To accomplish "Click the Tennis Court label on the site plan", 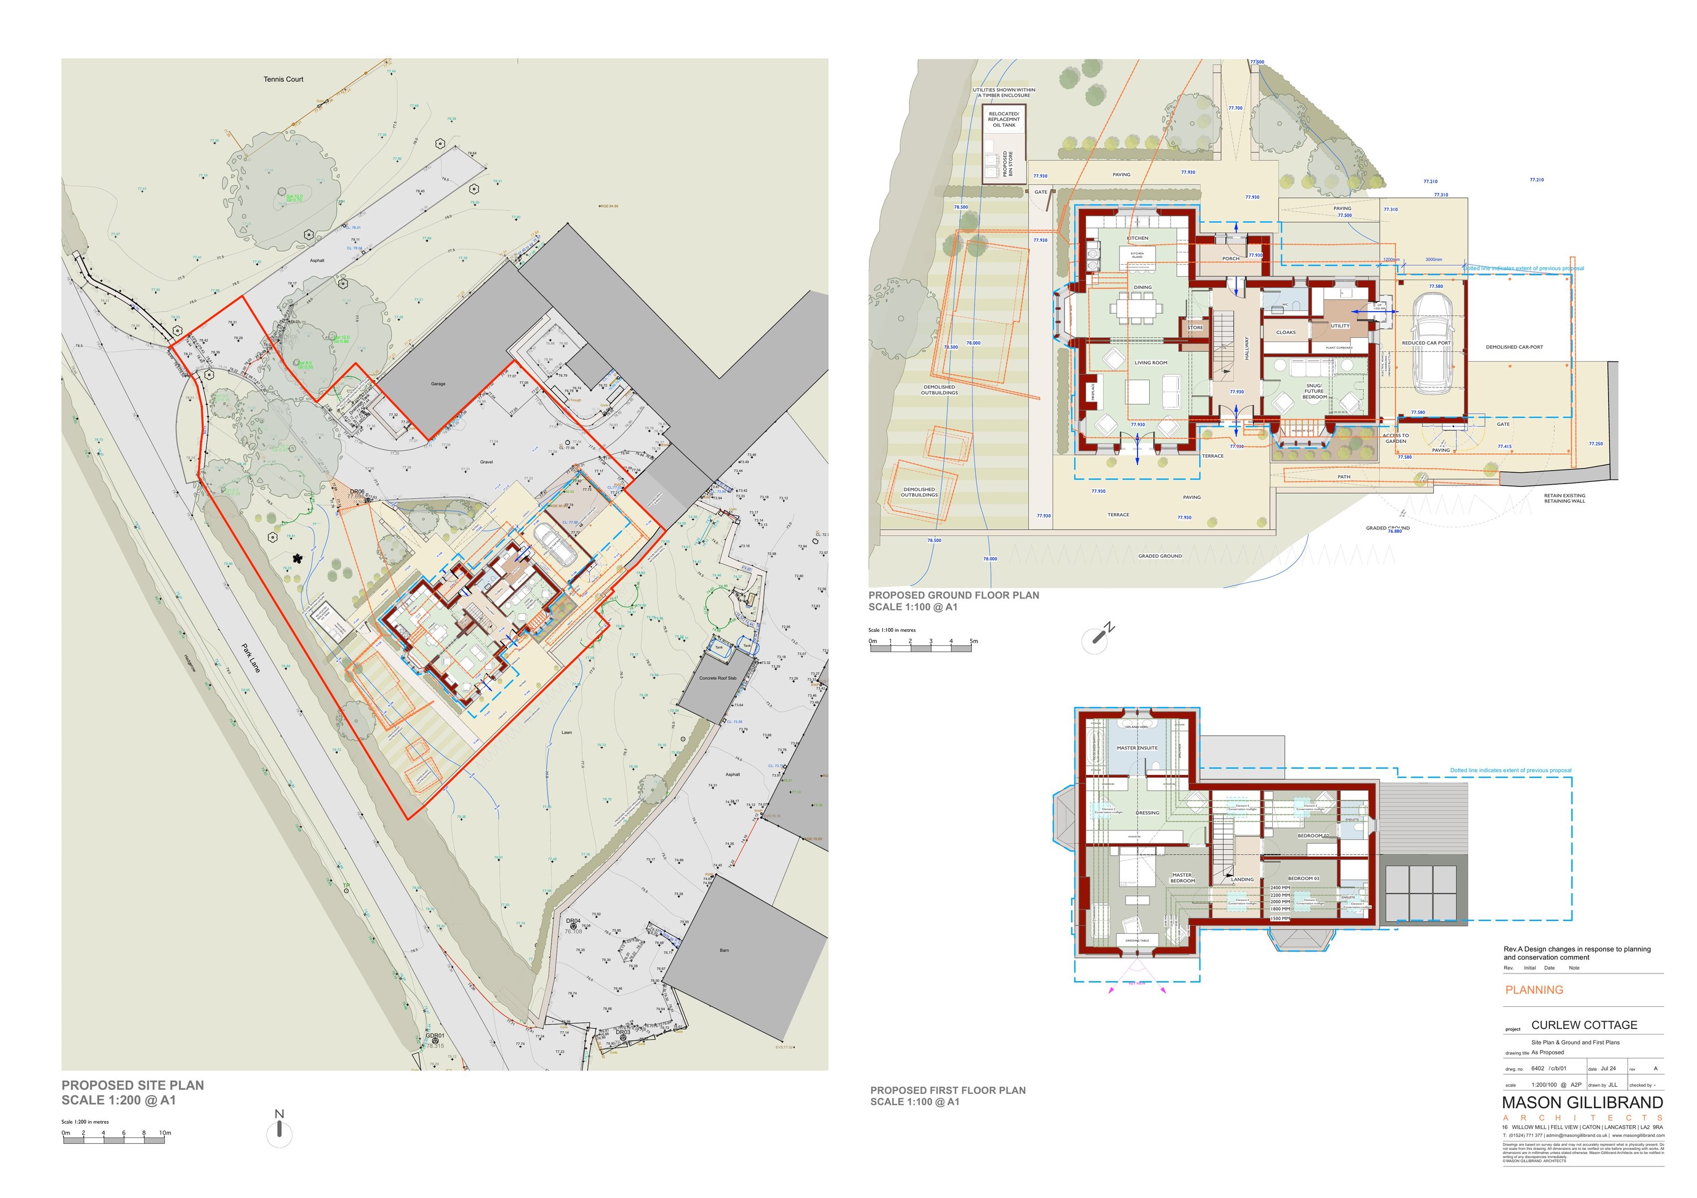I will (283, 79).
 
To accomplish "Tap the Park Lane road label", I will (251, 658).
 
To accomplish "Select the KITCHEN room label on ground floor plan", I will (1138, 238).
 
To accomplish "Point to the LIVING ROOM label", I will (1151, 363).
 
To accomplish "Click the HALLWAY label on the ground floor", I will (1246, 348).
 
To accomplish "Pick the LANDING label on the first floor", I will (1242, 880).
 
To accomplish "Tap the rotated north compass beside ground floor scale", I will (1096, 639).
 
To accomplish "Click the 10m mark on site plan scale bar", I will (165, 1133).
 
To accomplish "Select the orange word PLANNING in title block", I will (1535, 990).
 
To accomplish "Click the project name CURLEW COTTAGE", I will (1584, 1025).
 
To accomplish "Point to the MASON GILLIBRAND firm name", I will (1582, 1102).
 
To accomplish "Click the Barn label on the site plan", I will (724, 950).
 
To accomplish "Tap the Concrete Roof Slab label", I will (718, 678).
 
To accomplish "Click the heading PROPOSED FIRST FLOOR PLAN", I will (947, 1090).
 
